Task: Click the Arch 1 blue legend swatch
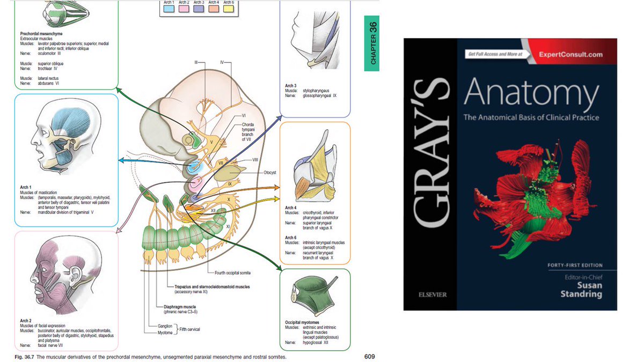pyautogui.click(x=169, y=9)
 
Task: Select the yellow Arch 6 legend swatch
pyautogui.click(x=228, y=9)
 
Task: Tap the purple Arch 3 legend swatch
pyautogui.click(x=199, y=9)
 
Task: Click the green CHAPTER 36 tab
pyautogui.click(x=371, y=43)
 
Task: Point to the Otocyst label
pyautogui.click(x=270, y=172)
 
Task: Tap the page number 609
pyautogui.click(x=368, y=356)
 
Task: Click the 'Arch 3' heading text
pyautogui.click(x=291, y=86)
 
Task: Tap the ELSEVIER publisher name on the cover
pyautogui.click(x=430, y=294)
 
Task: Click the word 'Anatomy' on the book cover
pyautogui.click(x=531, y=94)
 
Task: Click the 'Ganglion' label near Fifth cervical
pyautogui.click(x=165, y=326)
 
